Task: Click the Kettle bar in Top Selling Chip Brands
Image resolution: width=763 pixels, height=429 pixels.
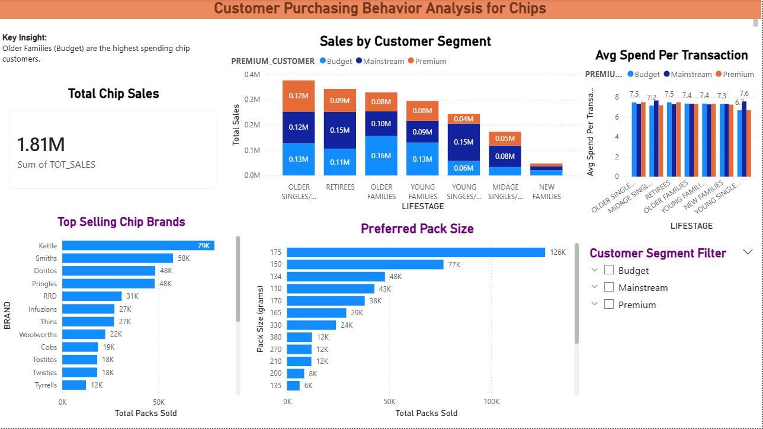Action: click(x=137, y=245)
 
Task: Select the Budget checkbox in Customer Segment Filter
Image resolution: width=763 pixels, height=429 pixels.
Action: click(x=608, y=270)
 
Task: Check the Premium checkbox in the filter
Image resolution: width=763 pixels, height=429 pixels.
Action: click(x=608, y=305)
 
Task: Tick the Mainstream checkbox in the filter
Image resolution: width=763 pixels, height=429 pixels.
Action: click(x=608, y=287)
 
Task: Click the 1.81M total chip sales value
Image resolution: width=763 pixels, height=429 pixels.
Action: click(x=41, y=145)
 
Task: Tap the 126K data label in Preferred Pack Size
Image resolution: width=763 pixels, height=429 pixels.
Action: click(x=558, y=252)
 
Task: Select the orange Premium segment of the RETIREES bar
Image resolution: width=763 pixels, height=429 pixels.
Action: click(x=340, y=100)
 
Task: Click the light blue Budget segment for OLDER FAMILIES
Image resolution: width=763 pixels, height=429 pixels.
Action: click(x=381, y=155)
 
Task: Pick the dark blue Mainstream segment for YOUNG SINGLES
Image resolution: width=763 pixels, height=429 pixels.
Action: click(x=463, y=142)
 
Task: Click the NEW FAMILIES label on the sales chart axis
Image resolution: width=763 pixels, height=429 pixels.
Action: click(x=546, y=191)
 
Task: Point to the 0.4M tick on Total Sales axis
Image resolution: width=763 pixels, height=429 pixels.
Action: click(x=252, y=75)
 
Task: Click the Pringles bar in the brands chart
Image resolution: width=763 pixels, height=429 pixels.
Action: click(x=108, y=284)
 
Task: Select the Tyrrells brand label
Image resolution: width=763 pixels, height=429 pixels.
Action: click(x=46, y=385)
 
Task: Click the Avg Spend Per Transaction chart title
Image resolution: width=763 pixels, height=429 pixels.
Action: click(x=671, y=55)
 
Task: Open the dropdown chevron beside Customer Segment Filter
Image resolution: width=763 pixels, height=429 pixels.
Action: click(x=748, y=252)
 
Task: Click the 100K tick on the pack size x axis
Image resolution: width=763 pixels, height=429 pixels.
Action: click(x=491, y=401)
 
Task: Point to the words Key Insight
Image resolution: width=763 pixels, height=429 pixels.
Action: click(x=25, y=37)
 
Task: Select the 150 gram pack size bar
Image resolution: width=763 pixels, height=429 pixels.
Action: click(x=365, y=264)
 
